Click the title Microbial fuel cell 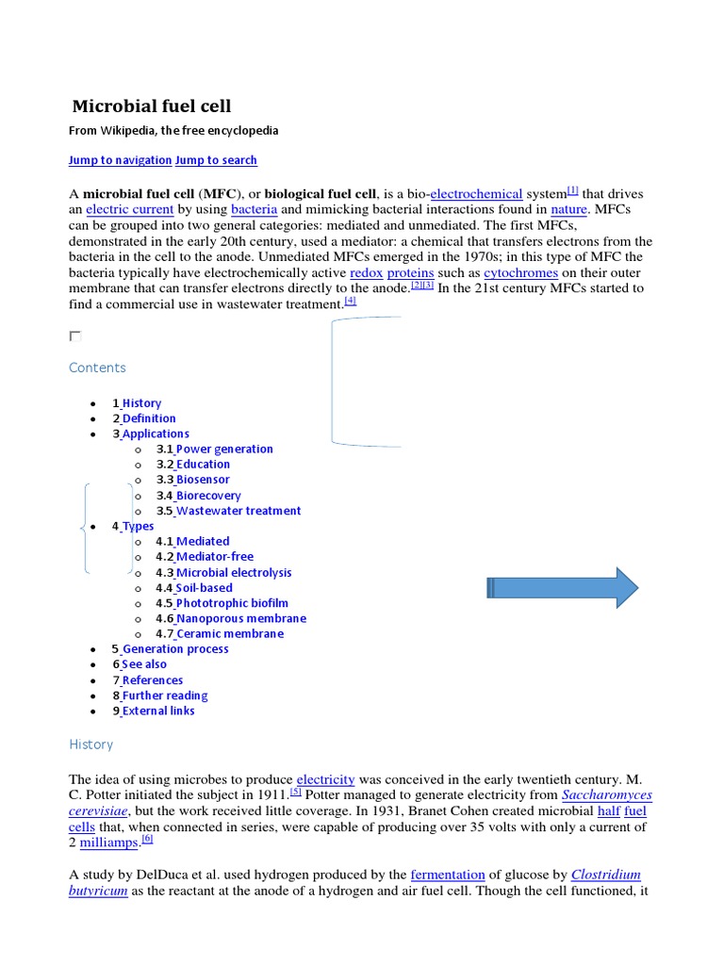pos(152,106)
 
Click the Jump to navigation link pos(120,160)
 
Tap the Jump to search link pos(216,160)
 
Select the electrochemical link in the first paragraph pos(476,193)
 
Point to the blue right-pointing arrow pos(563,589)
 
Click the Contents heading pos(97,368)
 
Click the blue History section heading pos(90,744)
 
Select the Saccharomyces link pos(606,795)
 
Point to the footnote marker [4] pos(351,301)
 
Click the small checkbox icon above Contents pos(75,336)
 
